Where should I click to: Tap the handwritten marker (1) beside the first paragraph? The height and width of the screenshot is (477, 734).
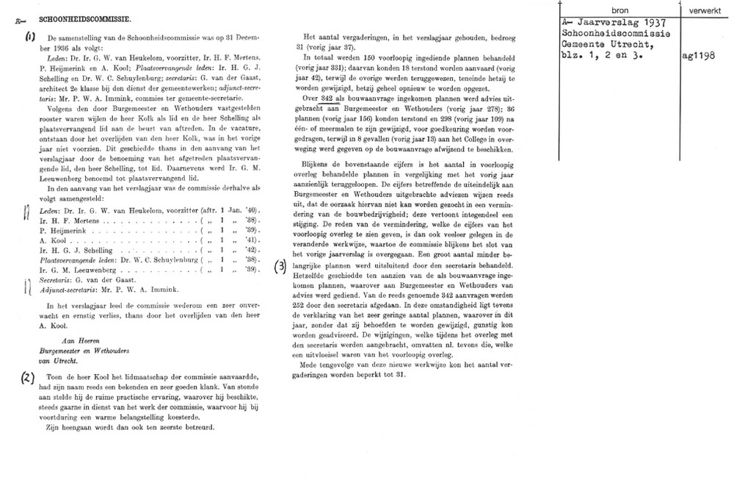[29, 37]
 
